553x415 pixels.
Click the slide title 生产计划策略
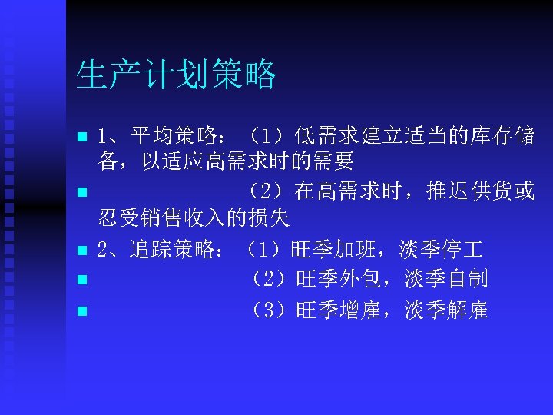coord(176,75)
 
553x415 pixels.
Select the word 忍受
coord(118,219)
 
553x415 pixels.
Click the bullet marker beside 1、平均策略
coord(82,139)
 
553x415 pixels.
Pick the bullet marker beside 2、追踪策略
coord(82,251)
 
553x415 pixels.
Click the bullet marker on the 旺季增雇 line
coord(82,311)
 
